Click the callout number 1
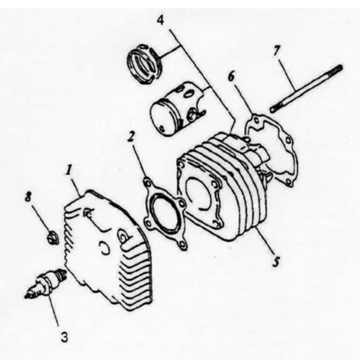(x=71, y=171)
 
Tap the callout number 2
(x=130, y=135)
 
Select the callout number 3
(x=64, y=335)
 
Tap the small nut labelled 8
(x=50, y=237)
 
